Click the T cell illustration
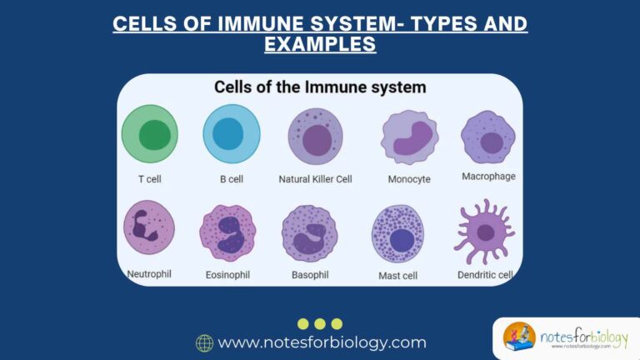pos(150,134)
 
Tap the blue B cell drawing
pos(231,134)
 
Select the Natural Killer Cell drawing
pos(315,137)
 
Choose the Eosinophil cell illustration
pos(227,232)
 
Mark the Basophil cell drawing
pos(309,233)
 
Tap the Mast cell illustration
pos(397,233)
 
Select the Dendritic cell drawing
pos(483,231)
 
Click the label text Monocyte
pos(409,179)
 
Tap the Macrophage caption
pos(488,177)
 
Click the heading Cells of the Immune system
pos(320,87)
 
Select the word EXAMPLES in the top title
pos(320,44)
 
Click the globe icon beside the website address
pos(204,342)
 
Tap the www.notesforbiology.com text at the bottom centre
pos(322,342)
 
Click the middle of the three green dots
pos(320,323)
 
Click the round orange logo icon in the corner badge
pos(519,337)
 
